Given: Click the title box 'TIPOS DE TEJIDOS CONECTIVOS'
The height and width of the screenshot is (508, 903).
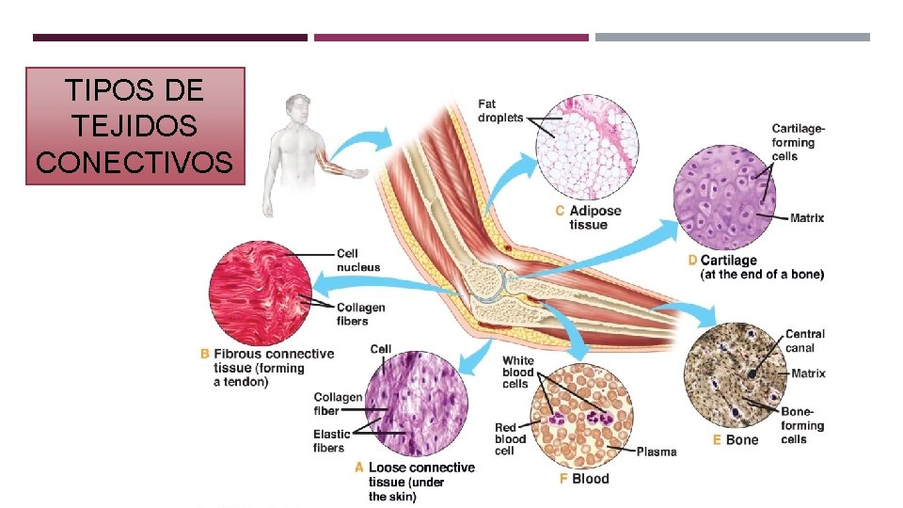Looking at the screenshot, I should tap(135, 126).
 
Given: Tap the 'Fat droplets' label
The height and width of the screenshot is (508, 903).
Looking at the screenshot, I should tap(500, 110).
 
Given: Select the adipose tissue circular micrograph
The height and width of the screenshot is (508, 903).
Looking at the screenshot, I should tap(587, 148).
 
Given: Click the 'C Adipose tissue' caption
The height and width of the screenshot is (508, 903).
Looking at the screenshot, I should tap(589, 217).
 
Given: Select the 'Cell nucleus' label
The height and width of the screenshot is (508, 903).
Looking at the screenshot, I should tap(358, 260).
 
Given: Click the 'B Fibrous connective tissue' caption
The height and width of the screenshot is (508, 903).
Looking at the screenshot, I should tap(268, 368).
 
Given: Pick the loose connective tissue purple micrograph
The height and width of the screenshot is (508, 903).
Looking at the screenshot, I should tap(415, 405).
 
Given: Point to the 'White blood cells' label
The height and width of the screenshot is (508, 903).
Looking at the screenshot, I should tap(517, 373).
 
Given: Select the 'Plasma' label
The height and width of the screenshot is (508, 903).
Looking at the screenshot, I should tap(656, 452).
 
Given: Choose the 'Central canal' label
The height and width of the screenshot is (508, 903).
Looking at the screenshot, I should tap(804, 341).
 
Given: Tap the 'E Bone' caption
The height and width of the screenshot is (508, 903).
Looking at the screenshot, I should tap(736, 440).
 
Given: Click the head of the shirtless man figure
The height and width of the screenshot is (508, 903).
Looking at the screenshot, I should tap(297, 107).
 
